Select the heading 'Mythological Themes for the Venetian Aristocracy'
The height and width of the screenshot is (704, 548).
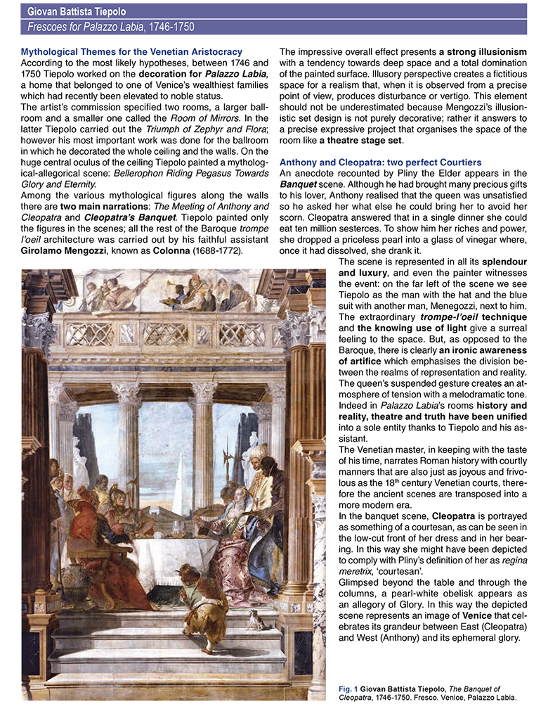pyautogui.click(x=131, y=53)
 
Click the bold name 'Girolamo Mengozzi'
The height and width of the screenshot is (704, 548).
pyautogui.click(x=66, y=252)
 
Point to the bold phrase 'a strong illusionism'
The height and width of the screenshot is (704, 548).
pyautogui.click(x=483, y=53)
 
